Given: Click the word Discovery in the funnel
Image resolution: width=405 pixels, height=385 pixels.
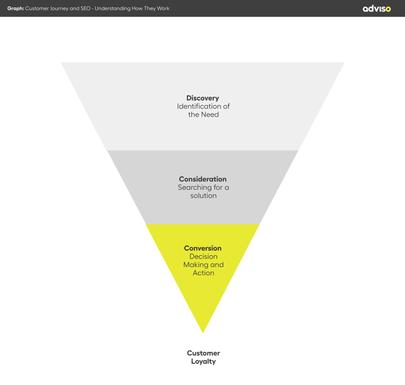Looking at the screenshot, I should tap(202, 98).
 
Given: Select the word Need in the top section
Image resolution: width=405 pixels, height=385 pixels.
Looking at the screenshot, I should tap(209, 114).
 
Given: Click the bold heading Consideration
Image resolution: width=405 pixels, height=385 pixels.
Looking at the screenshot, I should tap(202, 179).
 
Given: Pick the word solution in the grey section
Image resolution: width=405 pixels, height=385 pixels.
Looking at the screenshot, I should tap(203, 196).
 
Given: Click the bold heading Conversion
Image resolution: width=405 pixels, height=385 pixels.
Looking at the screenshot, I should tap(202, 248).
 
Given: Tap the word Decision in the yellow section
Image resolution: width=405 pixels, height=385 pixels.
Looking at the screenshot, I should tap(203, 257).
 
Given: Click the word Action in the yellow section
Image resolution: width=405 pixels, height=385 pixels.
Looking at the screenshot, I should tap(203, 273).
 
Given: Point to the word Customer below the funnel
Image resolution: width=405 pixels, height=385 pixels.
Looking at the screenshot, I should tap(203, 353).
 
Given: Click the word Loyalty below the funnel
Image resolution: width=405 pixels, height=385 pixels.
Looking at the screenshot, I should tap(203, 361).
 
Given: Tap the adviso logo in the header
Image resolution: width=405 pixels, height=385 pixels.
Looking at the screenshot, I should tap(377, 8).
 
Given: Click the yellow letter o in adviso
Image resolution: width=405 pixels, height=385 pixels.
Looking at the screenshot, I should tap(388, 9).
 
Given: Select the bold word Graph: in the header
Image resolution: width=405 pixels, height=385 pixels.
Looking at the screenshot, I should tap(15, 8).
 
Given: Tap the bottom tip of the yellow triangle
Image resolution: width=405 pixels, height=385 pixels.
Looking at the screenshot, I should tap(203, 332).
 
